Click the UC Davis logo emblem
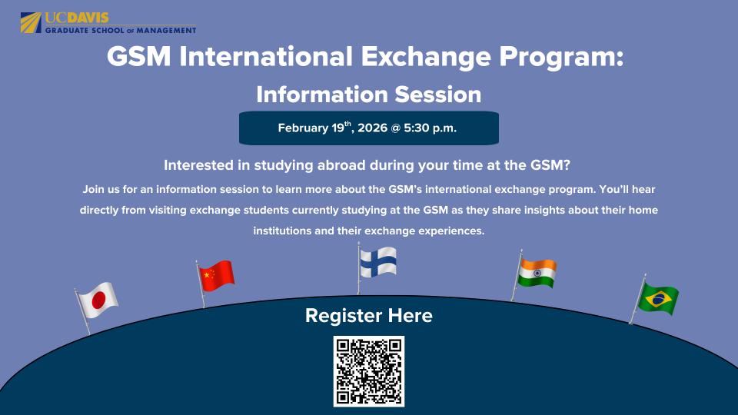tap(32, 22)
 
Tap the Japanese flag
tap(98, 300)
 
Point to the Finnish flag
tap(378, 262)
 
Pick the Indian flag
tap(537, 273)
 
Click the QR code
tap(369, 371)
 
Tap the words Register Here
tap(369, 315)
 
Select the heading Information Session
tap(369, 95)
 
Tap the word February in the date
tap(303, 128)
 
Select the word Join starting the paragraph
tap(92, 189)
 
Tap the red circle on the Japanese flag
tap(98, 302)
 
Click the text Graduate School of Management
tap(121, 31)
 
